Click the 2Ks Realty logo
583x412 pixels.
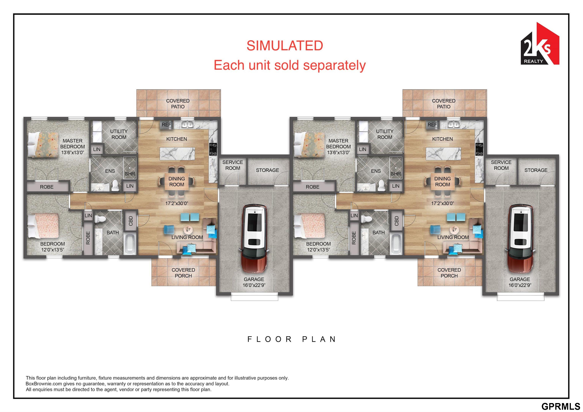coord(540,44)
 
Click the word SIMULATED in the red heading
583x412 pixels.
coord(285,46)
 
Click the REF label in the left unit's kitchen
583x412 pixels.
coord(167,125)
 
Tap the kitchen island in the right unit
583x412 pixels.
coord(443,154)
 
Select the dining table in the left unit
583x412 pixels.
coord(177,181)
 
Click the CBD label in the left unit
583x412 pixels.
coord(131,221)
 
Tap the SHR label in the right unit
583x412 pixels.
coord(396,174)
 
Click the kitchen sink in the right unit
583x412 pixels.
coord(454,124)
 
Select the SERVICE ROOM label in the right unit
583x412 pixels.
coord(501,165)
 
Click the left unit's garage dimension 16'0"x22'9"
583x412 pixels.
coord(254,285)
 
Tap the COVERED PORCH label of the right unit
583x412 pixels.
coord(449,273)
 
